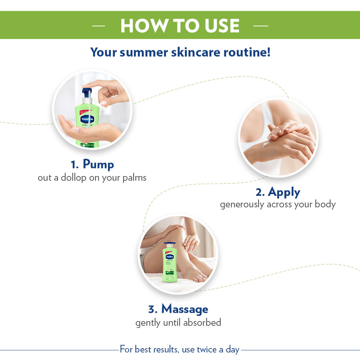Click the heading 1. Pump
point(92,165)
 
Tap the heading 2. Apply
point(278,192)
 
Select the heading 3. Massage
point(178,309)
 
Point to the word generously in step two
point(242,204)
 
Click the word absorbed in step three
point(202,322)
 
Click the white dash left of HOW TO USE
point(99,26)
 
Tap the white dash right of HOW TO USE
point(261,26)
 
